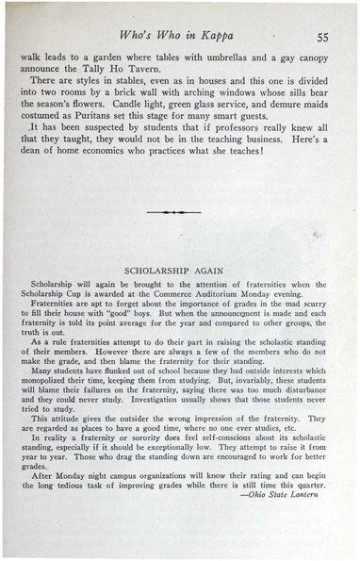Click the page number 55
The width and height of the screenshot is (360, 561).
[x=322, y=37]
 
